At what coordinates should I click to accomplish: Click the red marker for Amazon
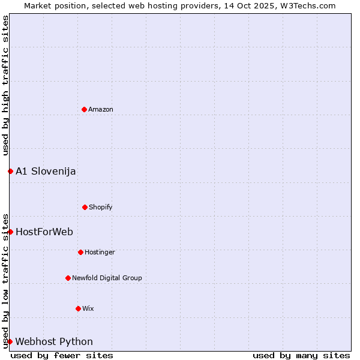pos(84,109)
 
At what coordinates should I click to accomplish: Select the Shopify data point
pos(85,207)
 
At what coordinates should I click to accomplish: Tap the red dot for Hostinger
pos(80,252)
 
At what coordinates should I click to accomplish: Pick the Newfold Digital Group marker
pos(68,278)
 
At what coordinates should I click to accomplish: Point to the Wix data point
pos(78,308)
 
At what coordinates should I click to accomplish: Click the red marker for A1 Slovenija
pos(10,171)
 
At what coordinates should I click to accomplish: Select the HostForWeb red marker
pos(10,232)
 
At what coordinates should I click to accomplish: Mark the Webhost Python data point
pos(10,341)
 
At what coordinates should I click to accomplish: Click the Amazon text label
pos(101,109)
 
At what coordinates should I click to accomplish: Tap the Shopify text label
pos(101,207)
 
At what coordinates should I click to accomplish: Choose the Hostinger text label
pos(100,252)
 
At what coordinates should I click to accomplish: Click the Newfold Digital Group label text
pos(107,278)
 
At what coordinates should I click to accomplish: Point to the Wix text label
pos(88,308)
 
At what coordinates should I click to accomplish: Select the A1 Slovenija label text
pos(46,171)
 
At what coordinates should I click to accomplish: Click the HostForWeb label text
pos(44,232)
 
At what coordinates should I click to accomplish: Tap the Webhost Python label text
pos(54,341)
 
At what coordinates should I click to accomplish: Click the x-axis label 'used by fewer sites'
pos(62,355)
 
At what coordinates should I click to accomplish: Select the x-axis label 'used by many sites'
pos(301,355)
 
